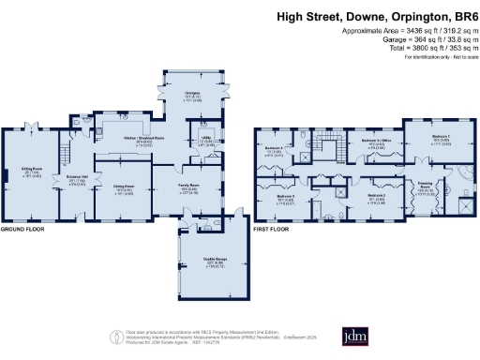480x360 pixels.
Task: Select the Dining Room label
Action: [125, 187]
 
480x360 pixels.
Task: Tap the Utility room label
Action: [208, 142]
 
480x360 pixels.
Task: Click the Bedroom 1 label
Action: [440, 138]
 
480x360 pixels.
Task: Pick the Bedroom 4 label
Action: [275, 149]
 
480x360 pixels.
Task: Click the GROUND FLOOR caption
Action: [24, 230]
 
